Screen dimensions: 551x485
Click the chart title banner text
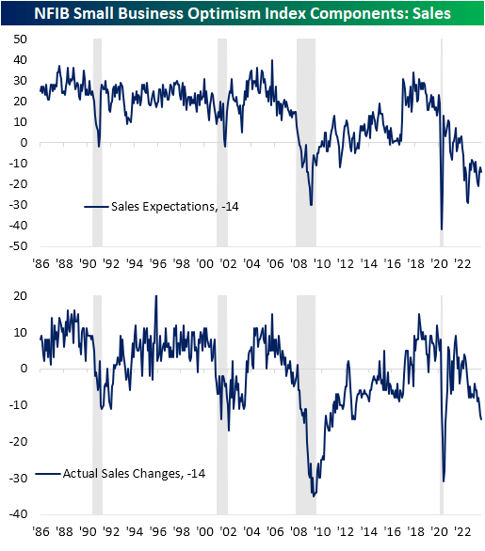pyautogui.click(x=242, y=13)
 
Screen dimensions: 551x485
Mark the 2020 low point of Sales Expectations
pyautogui.click(x=442, y=229)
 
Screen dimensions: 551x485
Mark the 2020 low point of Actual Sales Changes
pyautogui.click(x=443, y=481)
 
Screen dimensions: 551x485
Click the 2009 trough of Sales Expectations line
pyautogui.click(x=311, y=205)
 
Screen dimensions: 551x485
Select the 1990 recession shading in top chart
pyautogui.click(x=97, y=141)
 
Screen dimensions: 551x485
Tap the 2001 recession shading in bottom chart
pyautogui.click(x=222, y=404)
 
